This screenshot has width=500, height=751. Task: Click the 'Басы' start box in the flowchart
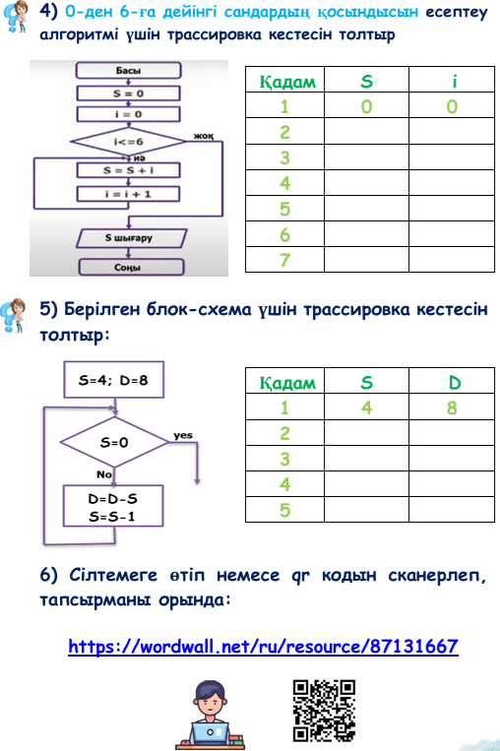128,71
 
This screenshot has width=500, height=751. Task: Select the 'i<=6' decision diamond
128,142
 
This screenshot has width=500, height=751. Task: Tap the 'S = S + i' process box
128,170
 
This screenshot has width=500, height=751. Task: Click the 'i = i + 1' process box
128,194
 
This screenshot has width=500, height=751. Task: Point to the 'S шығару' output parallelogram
131,238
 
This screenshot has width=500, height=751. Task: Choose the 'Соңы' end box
131,267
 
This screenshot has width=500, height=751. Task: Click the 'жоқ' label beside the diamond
204,136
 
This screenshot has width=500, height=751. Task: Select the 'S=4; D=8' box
114,380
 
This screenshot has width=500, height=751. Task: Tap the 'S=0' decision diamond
114,442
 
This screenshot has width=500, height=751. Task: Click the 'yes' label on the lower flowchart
183,435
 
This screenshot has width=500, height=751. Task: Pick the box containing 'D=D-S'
113,506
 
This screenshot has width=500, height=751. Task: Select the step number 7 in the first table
285,260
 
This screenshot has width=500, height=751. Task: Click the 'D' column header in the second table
455,383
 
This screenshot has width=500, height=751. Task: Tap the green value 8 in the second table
452,408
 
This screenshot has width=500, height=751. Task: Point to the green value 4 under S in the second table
366,408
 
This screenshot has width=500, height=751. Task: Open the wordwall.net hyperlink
263,646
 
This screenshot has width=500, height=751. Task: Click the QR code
324,711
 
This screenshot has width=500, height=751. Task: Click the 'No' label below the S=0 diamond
104,474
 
